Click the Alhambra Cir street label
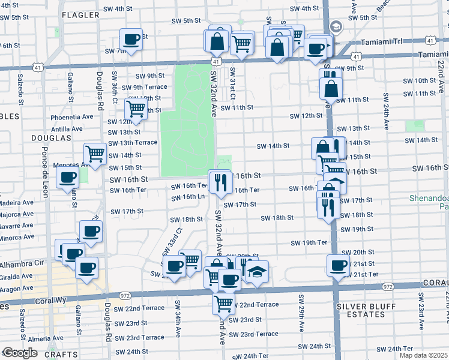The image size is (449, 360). (21, 263)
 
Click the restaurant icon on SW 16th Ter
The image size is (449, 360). (220, 182)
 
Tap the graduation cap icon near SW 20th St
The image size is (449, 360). (257, 273)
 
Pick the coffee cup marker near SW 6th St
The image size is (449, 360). (131, 40)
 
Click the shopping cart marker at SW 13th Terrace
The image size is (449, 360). (95, 154)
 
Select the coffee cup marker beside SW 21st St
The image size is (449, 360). (338, 265)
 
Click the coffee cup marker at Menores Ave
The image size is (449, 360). (67, 177)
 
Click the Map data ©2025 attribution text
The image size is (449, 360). (423, 355)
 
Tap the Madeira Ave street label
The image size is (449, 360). (17, 203)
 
